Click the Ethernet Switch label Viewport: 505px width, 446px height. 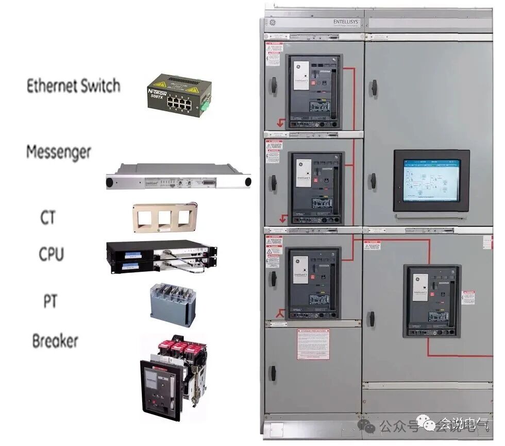(73, 85)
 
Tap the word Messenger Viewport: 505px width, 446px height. (58, 152)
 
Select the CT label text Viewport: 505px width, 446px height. (48, 217)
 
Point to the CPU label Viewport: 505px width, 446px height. (52, 254)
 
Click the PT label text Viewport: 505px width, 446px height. (50, 301)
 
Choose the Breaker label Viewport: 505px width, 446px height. (55, 341)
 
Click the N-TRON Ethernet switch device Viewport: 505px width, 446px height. (179, 95)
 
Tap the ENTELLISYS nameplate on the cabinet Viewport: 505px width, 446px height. (346, 23)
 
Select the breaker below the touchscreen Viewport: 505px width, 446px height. (432, 300)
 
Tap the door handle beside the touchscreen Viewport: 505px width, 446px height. (372, 181)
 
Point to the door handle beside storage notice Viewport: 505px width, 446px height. (273, 372)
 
